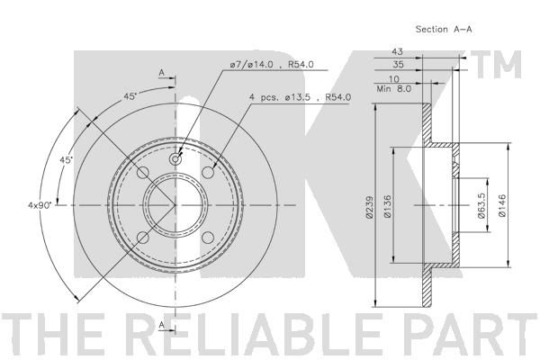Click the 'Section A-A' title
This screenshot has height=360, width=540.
[x=444, y=30]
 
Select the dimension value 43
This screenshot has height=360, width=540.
[x=397, y=51]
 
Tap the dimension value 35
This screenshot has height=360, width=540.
[x=398, y=64]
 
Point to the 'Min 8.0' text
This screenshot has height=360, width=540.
[x=394, y=89]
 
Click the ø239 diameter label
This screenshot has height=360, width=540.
[x=369, y=207]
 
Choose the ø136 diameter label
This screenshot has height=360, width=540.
[x=387, y=206]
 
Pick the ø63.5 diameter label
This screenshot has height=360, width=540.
[x=481, y=206]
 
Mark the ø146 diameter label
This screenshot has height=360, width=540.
[x=502, y=206]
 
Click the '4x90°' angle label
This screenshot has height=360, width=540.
[x=40, y=205]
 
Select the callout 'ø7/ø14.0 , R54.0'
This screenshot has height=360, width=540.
[x=272, y=65]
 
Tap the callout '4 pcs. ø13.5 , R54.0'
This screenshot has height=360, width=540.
[x=300, y=97]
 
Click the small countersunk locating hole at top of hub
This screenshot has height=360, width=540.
[x=175, y=159]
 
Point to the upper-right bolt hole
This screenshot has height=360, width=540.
[x=208, y=172]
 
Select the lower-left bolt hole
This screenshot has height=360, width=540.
[x=142, y=238]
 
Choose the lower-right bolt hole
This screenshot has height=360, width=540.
[x=208, y=238]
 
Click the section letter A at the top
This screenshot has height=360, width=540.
[x=161, y=73]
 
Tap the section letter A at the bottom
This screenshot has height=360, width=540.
[x=161, y=325]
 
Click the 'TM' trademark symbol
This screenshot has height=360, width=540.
[x=496, y=65]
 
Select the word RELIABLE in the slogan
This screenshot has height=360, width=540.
[x=261, y=333]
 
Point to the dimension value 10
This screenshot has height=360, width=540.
[x=393, y=79]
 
